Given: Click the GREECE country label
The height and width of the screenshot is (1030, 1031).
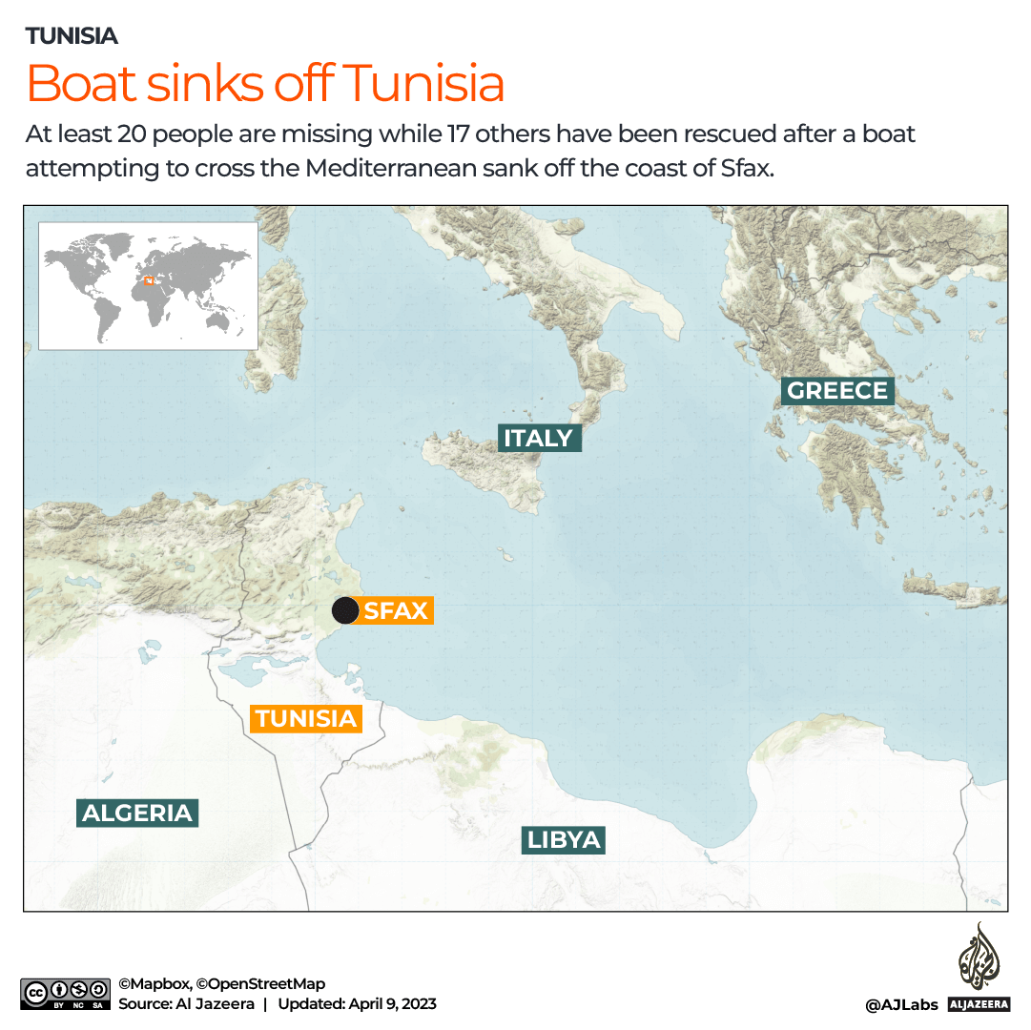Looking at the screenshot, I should [837, 390].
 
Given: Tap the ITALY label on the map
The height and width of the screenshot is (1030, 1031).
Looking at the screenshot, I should [539, 438].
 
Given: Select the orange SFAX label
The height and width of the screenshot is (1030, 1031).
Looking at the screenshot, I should [395, 610].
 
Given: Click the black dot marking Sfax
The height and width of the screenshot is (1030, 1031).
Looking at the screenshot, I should [345, 610].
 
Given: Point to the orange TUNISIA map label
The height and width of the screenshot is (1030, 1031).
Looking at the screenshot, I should [305, 718].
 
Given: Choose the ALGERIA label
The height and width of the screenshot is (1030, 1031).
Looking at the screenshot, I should [137, 813].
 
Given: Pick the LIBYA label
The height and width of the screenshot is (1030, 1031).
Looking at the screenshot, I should [565, 839].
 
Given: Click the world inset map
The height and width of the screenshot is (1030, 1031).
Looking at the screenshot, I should [148, 286].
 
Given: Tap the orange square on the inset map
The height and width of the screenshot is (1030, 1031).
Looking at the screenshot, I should [147, 279].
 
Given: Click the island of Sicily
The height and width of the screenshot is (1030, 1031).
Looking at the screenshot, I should [486, 467].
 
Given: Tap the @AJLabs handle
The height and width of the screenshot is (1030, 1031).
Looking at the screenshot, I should [901, 1004].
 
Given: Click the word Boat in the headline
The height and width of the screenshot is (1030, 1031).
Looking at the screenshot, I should [82, 84].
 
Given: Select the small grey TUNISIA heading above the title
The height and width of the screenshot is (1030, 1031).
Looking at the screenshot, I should [72, 36].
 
